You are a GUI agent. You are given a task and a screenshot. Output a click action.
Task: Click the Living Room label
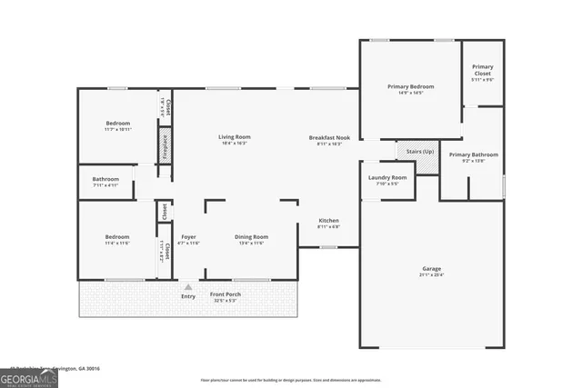point(235,136)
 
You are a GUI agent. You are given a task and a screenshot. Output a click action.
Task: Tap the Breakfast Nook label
point(328,136)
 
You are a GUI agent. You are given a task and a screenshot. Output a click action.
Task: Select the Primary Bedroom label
point(410,86)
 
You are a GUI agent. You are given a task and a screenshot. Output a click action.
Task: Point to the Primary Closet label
point(482,69)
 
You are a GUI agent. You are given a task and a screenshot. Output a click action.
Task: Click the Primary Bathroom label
point(473,154)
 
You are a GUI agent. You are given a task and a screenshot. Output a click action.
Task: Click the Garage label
point(432,269)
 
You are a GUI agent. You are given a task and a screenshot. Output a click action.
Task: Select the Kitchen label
point(328,221)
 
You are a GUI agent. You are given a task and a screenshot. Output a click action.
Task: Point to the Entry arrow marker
point(188,286)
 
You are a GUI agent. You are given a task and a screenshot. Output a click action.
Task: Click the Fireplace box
point(166,144)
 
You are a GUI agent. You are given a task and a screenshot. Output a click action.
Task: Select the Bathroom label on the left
point(105,179)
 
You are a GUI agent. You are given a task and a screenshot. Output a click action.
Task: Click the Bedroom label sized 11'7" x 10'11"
point(117,124)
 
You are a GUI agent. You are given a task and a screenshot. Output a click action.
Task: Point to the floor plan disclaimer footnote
point(291,380)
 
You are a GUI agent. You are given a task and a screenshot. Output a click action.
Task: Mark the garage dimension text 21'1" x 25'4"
point(432,275)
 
